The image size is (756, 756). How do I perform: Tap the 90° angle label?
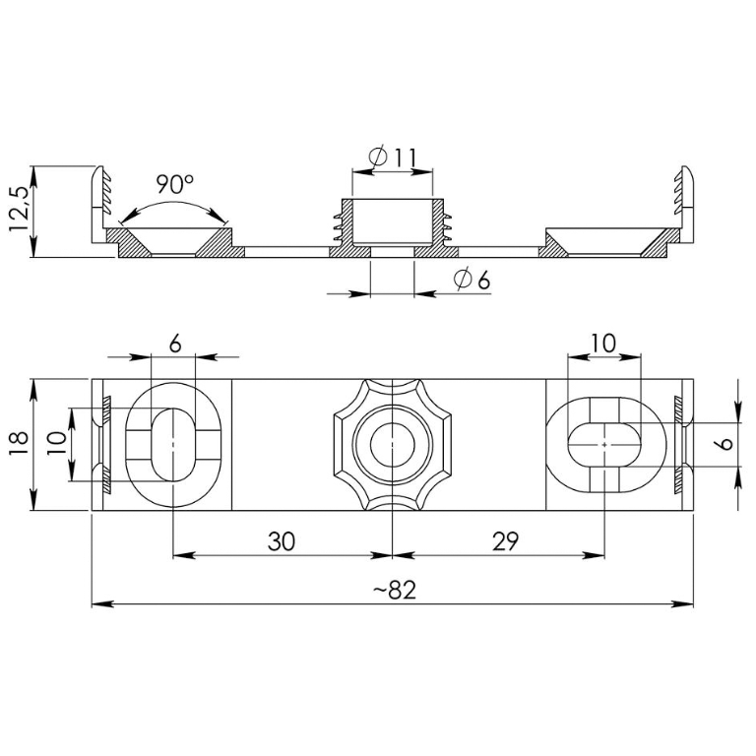(x=174, y=184)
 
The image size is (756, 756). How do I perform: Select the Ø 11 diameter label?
(x=393, y=157)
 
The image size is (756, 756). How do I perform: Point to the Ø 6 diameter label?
(x=472, y=280)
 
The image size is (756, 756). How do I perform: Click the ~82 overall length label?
(x=395, y=590)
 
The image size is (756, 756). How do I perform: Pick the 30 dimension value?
(x=282, y=541)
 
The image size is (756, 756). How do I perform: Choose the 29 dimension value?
(x=505, y=541)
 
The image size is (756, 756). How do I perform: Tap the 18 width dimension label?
(x=19, y=444)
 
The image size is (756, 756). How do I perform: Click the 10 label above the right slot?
(x=603, y=344)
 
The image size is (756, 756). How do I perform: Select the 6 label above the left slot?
(x=175, y=345)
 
